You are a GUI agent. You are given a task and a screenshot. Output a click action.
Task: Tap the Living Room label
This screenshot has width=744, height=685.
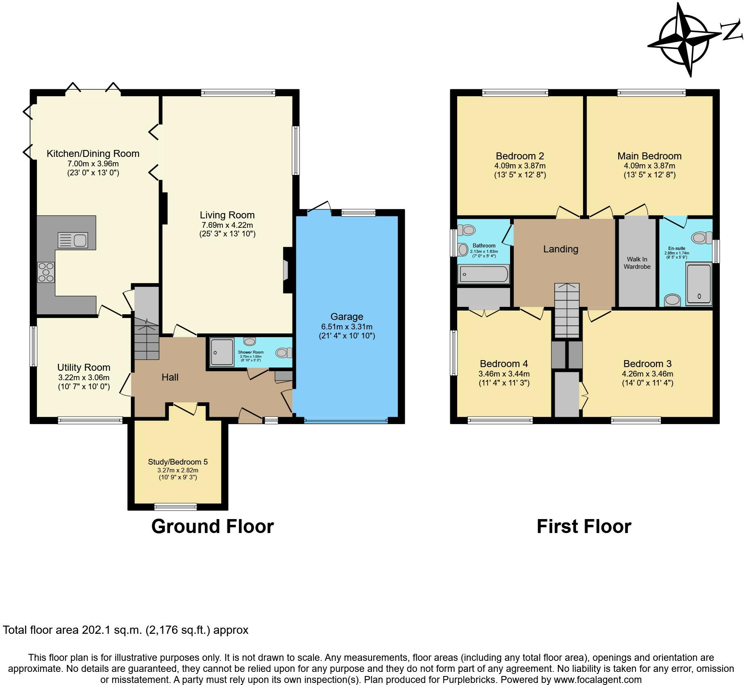click(x=227, y=215)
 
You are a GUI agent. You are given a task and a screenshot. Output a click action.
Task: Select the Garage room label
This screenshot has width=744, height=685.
click(x=347, y=317)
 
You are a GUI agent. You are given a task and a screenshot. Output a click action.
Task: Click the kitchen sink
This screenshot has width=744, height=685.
click(x=73, y=240)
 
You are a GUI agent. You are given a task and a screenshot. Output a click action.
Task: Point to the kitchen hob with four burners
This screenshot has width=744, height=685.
click(x=46, y=272)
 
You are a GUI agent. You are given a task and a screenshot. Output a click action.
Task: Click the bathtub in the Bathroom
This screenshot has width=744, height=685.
click(x=483, y=274)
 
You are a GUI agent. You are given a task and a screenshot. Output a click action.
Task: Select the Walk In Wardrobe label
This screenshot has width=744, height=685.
click(x=637, y=263)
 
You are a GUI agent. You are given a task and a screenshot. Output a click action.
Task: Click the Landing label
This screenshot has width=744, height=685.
click(x=560, y=249)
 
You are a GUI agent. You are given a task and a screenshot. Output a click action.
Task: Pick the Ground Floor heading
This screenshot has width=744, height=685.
click(x=212, y=526)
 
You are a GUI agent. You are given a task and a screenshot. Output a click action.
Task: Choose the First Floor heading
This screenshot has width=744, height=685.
click(x=584, y=526)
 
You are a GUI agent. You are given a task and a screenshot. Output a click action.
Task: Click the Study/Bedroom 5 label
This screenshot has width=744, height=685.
click(x=178, y=462)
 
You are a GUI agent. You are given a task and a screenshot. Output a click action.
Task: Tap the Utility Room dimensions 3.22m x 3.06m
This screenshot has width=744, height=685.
click(x=84, y=377)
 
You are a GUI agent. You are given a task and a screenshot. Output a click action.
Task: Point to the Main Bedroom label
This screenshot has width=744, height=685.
click(x=649, y=156)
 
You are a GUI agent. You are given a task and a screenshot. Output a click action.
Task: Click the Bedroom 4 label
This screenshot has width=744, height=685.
click(x=504, y=364)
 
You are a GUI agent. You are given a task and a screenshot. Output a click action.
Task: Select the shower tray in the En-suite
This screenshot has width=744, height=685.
click(x=699, y=284)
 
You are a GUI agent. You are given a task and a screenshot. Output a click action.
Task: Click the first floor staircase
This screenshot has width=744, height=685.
click(x=567, y=310)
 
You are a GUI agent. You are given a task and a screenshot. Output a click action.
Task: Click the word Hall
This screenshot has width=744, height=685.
click(x=170, y=377)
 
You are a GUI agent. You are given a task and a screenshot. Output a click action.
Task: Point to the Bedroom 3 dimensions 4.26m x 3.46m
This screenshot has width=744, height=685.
click(x=647, y=374)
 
